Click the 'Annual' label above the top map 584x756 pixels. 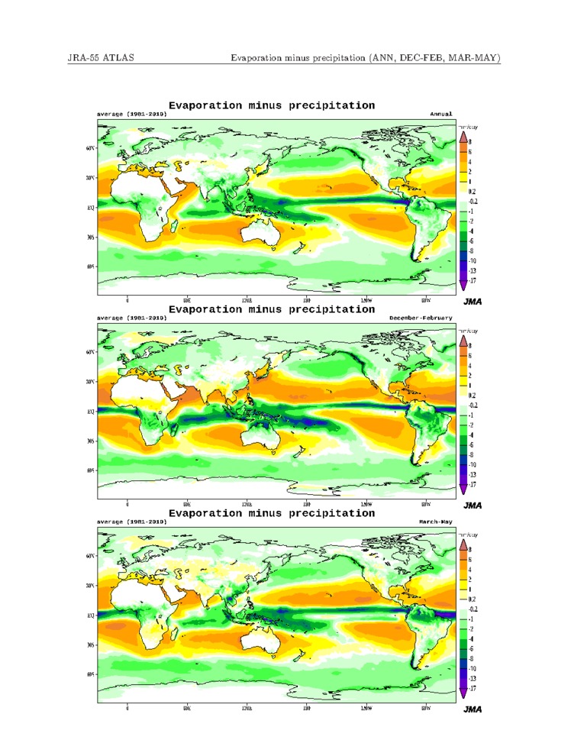pos(441,114)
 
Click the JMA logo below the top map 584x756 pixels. pos(473,302)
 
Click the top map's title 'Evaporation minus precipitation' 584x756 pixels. pos(271,105)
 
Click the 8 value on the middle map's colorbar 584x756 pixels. pos(470,346)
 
